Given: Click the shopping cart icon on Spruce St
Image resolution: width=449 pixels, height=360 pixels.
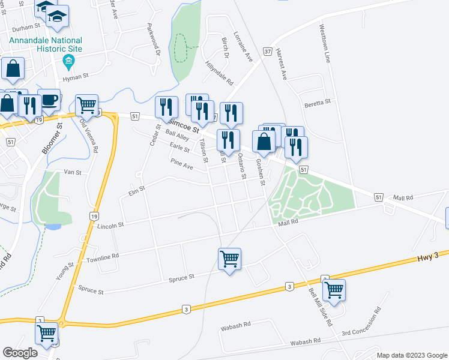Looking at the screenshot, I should [229, 259].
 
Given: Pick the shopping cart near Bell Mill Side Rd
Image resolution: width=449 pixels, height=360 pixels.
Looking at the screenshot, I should [334, 290].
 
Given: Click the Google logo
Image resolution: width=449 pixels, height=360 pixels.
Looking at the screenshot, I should [20, 353].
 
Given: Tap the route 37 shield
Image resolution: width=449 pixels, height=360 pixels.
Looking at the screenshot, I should [267, 52].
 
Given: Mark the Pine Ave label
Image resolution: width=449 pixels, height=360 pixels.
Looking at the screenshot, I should [181, 164].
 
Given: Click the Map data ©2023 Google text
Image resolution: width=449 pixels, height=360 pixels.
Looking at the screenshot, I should [411, 355].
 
